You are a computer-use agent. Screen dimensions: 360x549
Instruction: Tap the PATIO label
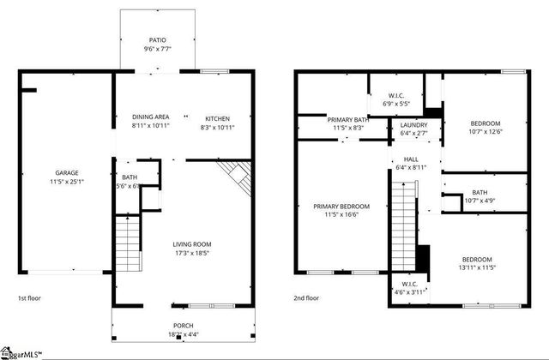pyautogui.click(x=157, y=39)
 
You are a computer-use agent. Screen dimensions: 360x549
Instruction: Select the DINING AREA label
pyautogui.click(x=150, y=117)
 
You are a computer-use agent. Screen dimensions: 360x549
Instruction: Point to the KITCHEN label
pyautogui.click(x=218, y=117)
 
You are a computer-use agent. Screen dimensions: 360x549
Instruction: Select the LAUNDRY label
pyautogui.click(x=413, y=125)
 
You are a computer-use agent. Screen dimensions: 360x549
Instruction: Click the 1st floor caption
pyautogui.click(x=29, y=297)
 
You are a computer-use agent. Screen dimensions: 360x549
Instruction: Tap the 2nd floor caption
pyautogui.click(x=306, y=297)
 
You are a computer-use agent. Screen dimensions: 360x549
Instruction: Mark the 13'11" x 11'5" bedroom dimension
pyautogui.click(x=477, y=268)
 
